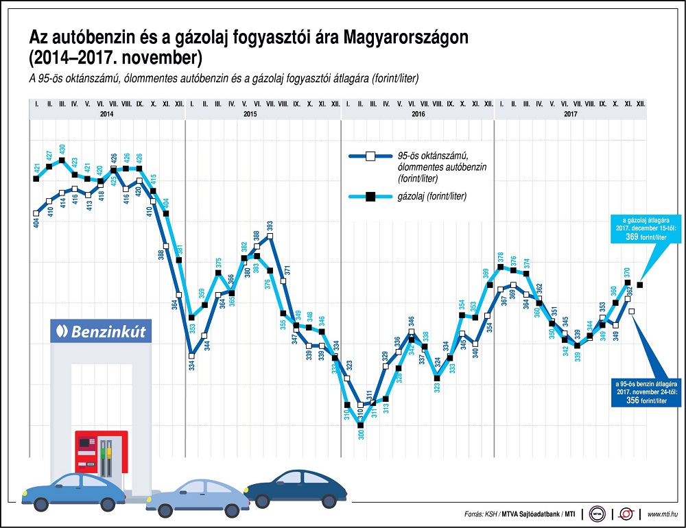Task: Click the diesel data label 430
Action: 62,149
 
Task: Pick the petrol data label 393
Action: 270,224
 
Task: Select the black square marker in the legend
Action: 369,197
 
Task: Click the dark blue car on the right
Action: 296,489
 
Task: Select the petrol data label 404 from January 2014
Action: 36,222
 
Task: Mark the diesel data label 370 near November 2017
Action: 628,272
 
